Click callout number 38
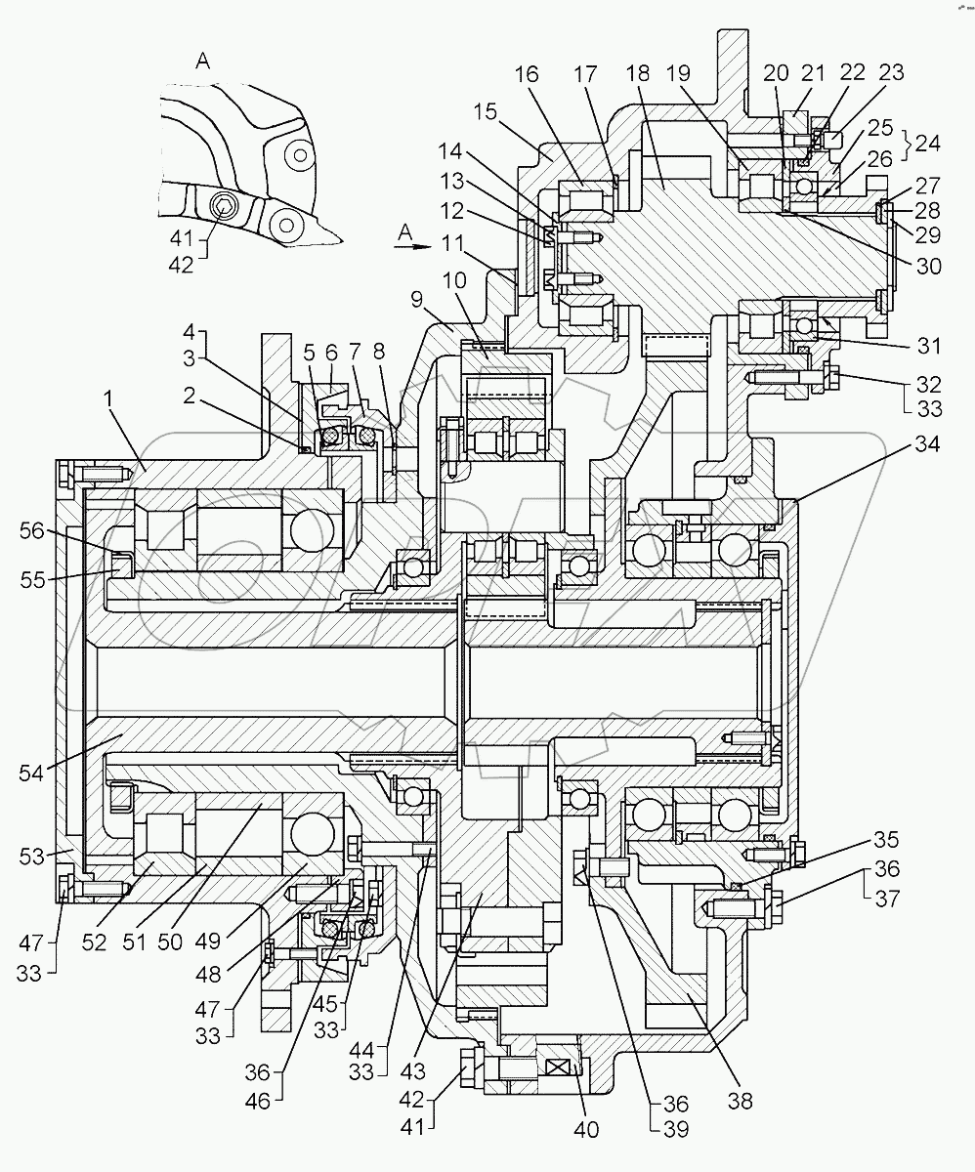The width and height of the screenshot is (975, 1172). (741, 1101)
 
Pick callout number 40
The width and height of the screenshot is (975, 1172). (586, 1130)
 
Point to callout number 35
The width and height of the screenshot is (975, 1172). (886, 840)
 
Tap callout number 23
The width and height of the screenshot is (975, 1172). (891, 73)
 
